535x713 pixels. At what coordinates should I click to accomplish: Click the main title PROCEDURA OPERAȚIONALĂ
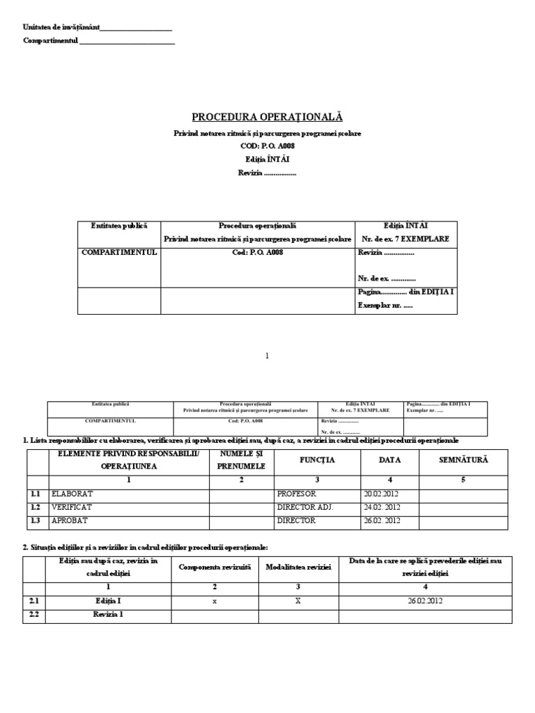(x=267, y=117)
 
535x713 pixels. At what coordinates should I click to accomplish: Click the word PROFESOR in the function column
(x=296, y=494)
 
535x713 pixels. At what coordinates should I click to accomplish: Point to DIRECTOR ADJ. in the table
(x=305, y=507)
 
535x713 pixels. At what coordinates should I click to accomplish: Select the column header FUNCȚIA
(x=317, y=460)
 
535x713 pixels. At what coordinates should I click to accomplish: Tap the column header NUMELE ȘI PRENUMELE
(x=241, y=460)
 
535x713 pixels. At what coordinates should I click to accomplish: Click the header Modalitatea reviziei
(x=298, y=567)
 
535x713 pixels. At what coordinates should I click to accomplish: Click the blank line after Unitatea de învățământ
(x=136, y=28)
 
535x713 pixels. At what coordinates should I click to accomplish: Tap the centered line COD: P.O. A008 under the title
(x=267, y=147)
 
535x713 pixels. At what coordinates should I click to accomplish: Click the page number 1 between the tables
(x=267, y=355)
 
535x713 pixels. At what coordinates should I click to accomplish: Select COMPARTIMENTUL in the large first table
(x=119, y=253)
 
